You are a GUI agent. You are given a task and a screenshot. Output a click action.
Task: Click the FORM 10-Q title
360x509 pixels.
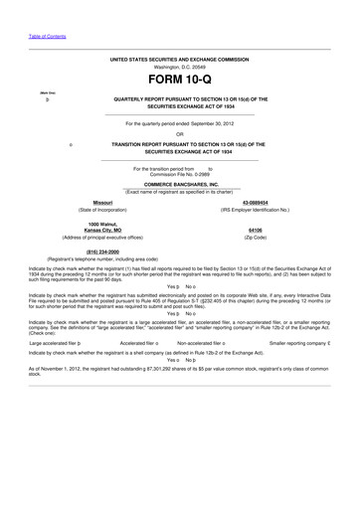(x=179, y=79)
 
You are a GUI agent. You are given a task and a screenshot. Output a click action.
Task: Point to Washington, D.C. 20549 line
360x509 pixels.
(x=179, y=67)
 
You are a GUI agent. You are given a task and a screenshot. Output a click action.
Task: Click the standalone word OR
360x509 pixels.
(x=179, y=134)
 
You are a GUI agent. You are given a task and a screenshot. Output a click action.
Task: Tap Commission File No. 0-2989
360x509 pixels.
(x=179, y=175)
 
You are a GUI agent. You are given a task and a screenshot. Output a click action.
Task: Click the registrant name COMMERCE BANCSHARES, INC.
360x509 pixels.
(x=179, y=185)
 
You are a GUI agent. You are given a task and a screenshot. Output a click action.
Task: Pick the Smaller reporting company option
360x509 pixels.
(x=297, y=341)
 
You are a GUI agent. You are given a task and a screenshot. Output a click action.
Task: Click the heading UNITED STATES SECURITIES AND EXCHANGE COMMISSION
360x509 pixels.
(x=179, y=59)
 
